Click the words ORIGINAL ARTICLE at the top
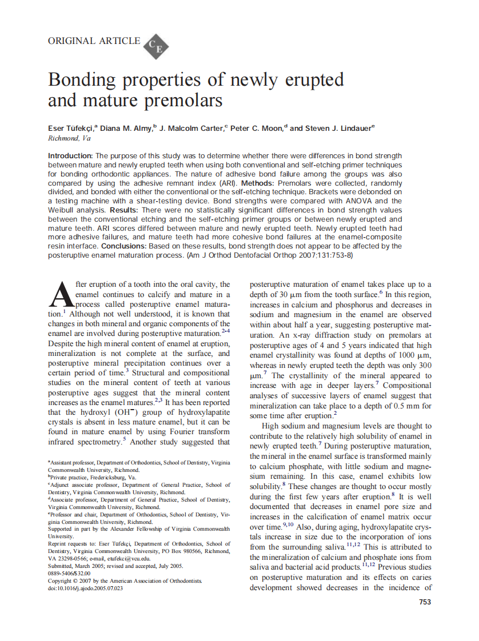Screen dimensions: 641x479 [94, 41]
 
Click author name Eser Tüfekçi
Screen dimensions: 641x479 [72, 128]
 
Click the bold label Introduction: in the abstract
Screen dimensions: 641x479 [70, 155]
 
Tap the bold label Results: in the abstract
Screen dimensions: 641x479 [127, 210]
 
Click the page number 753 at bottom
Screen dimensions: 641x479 [425, 602]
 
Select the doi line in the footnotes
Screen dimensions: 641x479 [85, 588]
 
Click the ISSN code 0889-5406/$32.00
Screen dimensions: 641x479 [69, 573]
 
